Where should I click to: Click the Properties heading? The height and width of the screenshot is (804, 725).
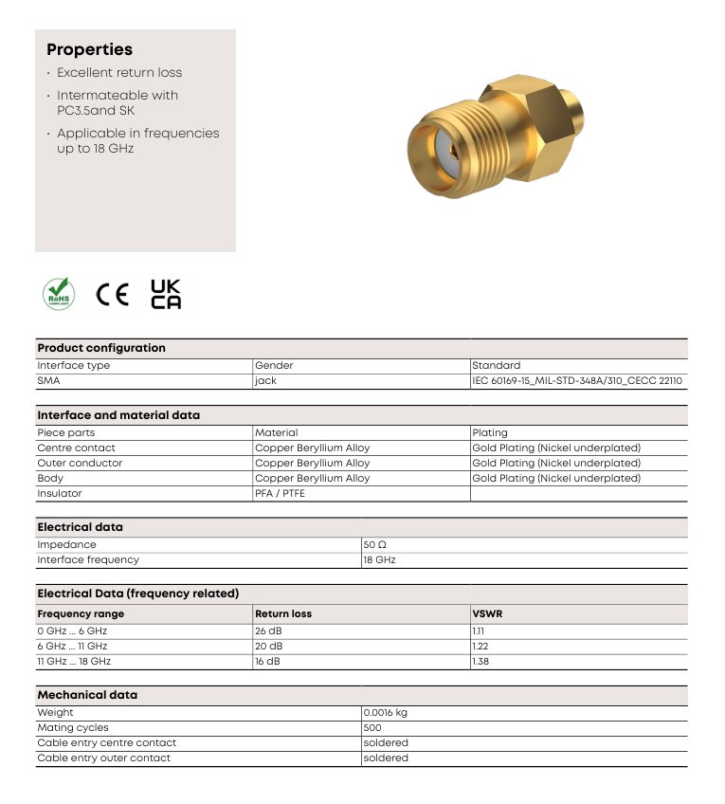89,50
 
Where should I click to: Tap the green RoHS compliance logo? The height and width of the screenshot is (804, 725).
58,294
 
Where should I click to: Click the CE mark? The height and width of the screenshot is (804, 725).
112,295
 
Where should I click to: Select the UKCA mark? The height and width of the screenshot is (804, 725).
166,294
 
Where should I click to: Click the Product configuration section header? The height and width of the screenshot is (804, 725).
101,348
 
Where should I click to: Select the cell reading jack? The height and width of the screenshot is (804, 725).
265,381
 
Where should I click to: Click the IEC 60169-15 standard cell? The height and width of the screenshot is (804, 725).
577,381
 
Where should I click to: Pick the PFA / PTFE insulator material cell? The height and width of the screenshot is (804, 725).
280,493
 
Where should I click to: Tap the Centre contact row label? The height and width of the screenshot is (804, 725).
76,448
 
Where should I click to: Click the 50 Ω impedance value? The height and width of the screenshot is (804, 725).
375,545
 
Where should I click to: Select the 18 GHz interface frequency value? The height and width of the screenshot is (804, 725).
379,560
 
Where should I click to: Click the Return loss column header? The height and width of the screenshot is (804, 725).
283,613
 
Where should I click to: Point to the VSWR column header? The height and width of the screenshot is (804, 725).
487,613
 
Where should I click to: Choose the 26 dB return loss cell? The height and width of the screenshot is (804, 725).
268,630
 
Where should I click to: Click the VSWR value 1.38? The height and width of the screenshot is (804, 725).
480,661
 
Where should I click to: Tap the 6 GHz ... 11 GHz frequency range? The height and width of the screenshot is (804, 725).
72,646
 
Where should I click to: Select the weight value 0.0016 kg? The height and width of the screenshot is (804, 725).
385,712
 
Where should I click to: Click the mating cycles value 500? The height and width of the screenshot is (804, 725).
372,727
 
